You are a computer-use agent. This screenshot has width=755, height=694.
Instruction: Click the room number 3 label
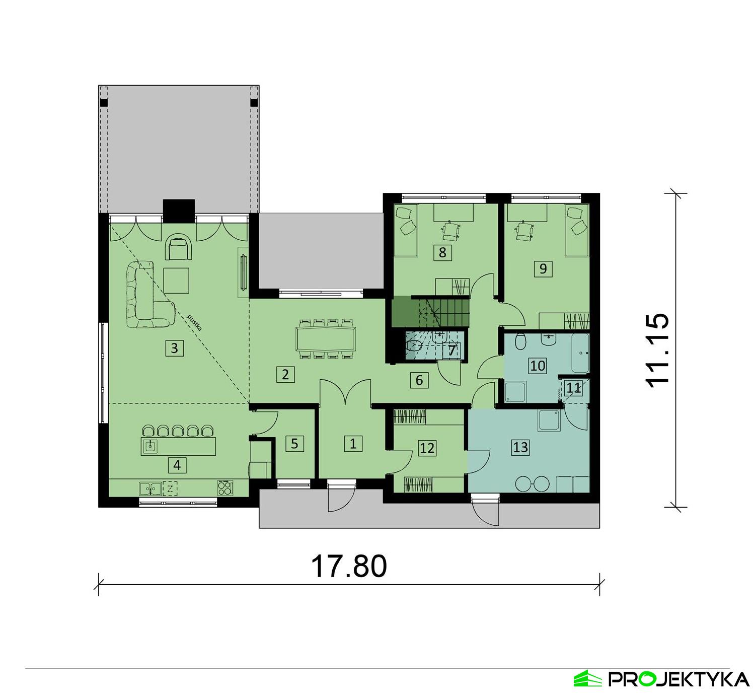[174, 348]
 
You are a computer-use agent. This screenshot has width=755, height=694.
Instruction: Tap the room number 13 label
[520, 447]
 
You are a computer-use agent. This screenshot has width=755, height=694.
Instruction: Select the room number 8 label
[442, 252]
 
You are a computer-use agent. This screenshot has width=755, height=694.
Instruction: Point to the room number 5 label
[294, 443]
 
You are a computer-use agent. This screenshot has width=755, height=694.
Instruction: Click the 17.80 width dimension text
[349, 566]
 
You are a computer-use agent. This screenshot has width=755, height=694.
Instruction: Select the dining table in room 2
[326, 338]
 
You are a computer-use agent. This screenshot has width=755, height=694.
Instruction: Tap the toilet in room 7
[414, 345]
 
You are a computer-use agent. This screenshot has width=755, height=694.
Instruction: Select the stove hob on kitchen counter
[225, 488]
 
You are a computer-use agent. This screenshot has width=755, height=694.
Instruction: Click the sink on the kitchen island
[150, 445]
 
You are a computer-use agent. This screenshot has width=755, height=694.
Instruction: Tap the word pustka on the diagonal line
[194, 323]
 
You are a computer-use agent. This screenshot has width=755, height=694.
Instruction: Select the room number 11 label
[574, 388]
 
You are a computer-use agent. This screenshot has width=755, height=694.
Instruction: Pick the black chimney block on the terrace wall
[179, 211]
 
